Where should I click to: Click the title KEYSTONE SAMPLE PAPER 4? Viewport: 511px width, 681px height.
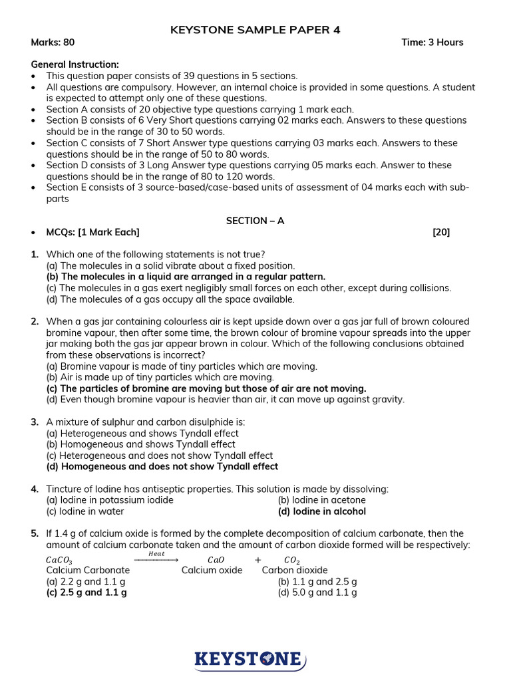tap(255, 29)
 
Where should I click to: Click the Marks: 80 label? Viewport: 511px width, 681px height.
tap(53, 43)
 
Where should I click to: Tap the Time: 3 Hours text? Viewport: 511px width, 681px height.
tap(432, 43)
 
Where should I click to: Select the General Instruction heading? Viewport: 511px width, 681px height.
tap(75, 65)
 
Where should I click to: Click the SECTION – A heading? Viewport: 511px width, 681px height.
tap(255, 221)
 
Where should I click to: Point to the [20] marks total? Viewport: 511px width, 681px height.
tap(440, 232)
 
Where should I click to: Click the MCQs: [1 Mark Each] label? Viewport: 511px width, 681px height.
tap(92, 232)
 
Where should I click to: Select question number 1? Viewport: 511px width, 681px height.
tap(35, 254)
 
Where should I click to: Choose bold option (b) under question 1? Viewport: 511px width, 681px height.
tap(186, 277)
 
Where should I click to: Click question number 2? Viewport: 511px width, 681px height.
tap(35, 322)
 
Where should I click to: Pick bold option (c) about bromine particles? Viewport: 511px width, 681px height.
tap(206, 388)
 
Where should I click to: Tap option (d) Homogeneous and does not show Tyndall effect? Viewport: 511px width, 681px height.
tap(162, 467)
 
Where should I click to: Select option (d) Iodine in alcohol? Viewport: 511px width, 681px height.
tap(321, 511)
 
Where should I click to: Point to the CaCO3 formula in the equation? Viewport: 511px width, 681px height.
tap(59, 560)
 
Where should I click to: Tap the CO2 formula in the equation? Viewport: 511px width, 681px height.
tap(292, 560)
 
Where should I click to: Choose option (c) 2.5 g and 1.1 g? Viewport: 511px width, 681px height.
tap(86, 592)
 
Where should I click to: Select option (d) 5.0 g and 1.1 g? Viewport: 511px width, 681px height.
tap(317, 592)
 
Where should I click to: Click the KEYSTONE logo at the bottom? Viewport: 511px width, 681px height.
tap(250, 659)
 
